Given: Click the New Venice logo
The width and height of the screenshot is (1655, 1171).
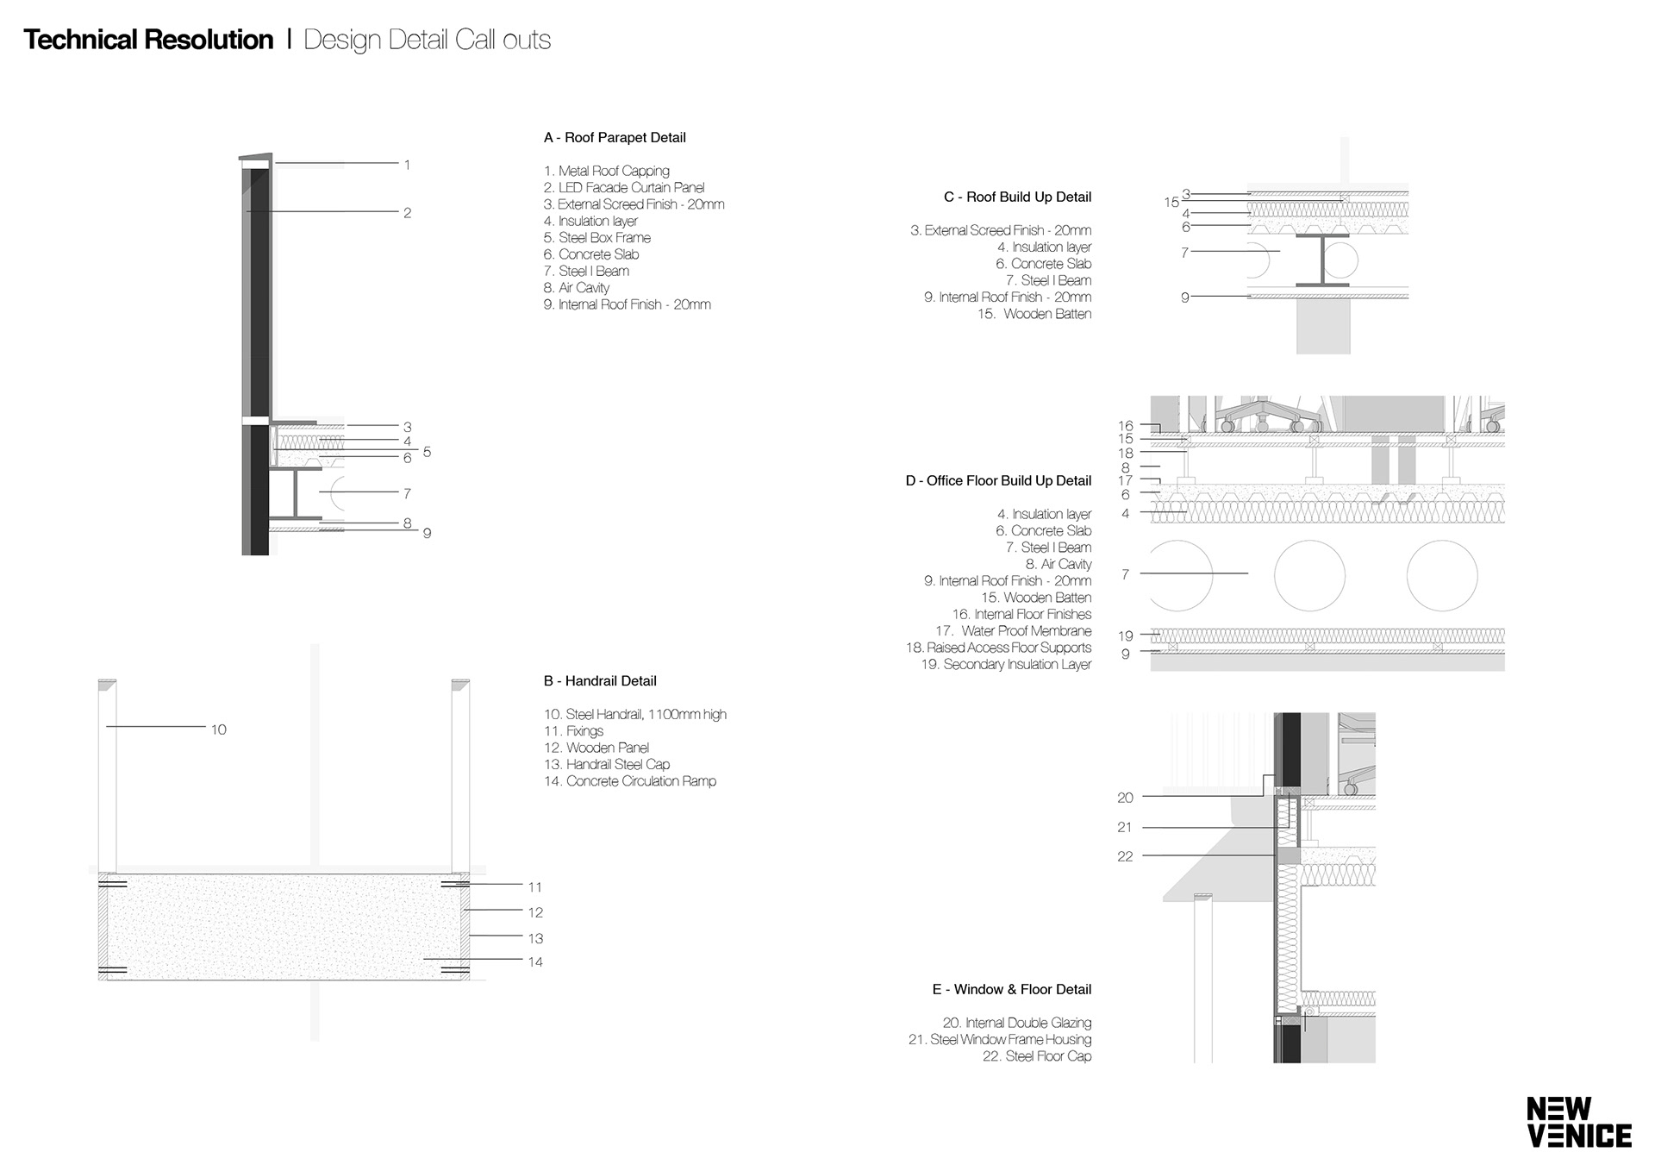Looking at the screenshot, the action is tap(1579, 1122).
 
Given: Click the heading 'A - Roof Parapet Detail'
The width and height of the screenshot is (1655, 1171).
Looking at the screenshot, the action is tap(615, 138).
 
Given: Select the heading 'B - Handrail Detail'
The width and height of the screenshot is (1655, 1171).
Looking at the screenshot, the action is tap(600, 681).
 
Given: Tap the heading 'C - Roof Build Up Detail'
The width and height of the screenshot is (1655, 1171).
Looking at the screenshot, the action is tap(1017, 197).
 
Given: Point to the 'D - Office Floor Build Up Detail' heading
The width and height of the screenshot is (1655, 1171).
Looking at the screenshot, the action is tap(998, 481).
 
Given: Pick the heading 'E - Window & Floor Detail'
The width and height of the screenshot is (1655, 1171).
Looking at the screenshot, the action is tap(1012, 990).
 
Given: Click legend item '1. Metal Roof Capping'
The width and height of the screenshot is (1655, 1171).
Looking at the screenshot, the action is tap(607, 172).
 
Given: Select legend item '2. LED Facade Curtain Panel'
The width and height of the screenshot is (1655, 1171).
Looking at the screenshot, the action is tap(624, 188).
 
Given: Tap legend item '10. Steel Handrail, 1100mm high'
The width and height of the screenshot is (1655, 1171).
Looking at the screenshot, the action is tap(635, 715).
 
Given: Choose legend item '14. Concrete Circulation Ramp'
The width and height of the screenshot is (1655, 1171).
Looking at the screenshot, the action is tap(630, 781).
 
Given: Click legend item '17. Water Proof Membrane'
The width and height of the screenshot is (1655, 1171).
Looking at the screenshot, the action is tap(1013, 631).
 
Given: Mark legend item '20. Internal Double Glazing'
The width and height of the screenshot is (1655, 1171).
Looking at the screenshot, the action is tap(1017, 1024).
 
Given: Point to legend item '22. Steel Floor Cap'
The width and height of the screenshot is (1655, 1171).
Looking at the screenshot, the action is tap(1037, 1056).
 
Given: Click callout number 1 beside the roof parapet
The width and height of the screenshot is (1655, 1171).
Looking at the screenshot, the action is tap(407, 165).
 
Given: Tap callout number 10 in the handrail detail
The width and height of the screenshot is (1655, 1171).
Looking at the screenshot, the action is tap(219, 730).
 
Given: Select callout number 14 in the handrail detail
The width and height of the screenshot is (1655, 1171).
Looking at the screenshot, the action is tap(535, 962).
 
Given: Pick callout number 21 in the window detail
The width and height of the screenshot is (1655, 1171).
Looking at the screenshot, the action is tap(1125, 828).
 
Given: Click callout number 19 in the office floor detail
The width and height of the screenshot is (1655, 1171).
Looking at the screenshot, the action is tap(1125, 636).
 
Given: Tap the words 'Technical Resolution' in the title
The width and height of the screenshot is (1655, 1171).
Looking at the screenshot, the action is tap(148, 40).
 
